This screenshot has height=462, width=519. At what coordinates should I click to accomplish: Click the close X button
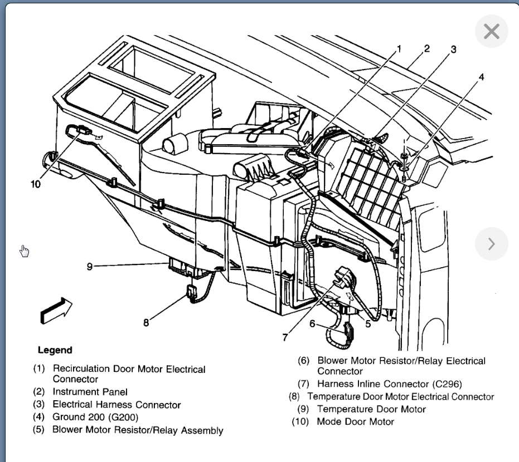pos(491,31)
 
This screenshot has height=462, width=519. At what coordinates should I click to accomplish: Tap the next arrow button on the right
pos(491,244)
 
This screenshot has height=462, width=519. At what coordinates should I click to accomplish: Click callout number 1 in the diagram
pos(399,49)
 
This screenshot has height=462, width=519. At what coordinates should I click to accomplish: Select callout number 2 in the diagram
pos(427,48)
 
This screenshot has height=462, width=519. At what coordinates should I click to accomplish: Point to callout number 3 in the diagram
pos(453,50)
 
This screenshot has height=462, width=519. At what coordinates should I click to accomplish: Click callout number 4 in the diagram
pos(481,77)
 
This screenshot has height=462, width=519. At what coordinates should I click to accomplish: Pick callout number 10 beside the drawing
pos(36,185)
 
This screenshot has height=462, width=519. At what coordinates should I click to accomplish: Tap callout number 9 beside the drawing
pos(89,266)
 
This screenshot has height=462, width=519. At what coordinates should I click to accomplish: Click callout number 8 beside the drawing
pos(146,322)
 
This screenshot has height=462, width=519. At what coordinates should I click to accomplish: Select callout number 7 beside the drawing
pos(285,337)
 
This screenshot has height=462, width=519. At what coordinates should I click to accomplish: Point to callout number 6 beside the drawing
pos(312,323)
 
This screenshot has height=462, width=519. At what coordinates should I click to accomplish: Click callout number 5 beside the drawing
pos(368,323)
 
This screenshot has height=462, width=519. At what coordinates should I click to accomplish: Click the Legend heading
pos(55,350)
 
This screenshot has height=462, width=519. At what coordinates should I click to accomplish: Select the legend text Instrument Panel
pos(90,392)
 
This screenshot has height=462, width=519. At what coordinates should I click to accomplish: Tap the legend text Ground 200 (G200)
pos(95,417)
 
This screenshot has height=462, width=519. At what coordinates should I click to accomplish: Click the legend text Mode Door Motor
pos(355,421)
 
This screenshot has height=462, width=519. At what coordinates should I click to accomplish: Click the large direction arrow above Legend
pos(56,309)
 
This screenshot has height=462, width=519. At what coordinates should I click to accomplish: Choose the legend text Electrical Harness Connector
pos(117,405)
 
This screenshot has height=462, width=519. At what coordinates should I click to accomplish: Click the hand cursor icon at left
pos(25,252)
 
